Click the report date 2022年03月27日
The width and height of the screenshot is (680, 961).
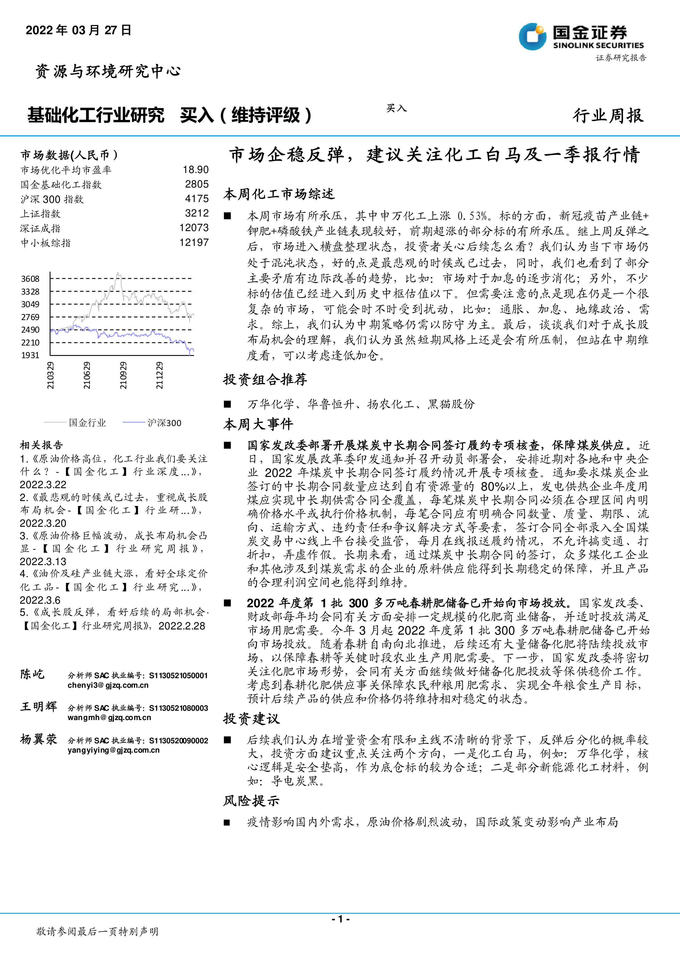(x=79, y=30)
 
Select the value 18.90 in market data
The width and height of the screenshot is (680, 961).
(x=196, y=169)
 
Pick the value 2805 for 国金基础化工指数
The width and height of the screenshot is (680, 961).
(x=197, y=184)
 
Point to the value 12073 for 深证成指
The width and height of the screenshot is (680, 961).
(x=194, y=228)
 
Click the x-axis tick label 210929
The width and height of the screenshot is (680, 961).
(x=123, y=375)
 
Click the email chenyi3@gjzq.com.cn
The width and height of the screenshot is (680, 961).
(x=108, y=685)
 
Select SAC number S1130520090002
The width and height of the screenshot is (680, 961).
(x=178, y=740)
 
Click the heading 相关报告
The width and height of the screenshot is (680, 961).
(x=41, y=445)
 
